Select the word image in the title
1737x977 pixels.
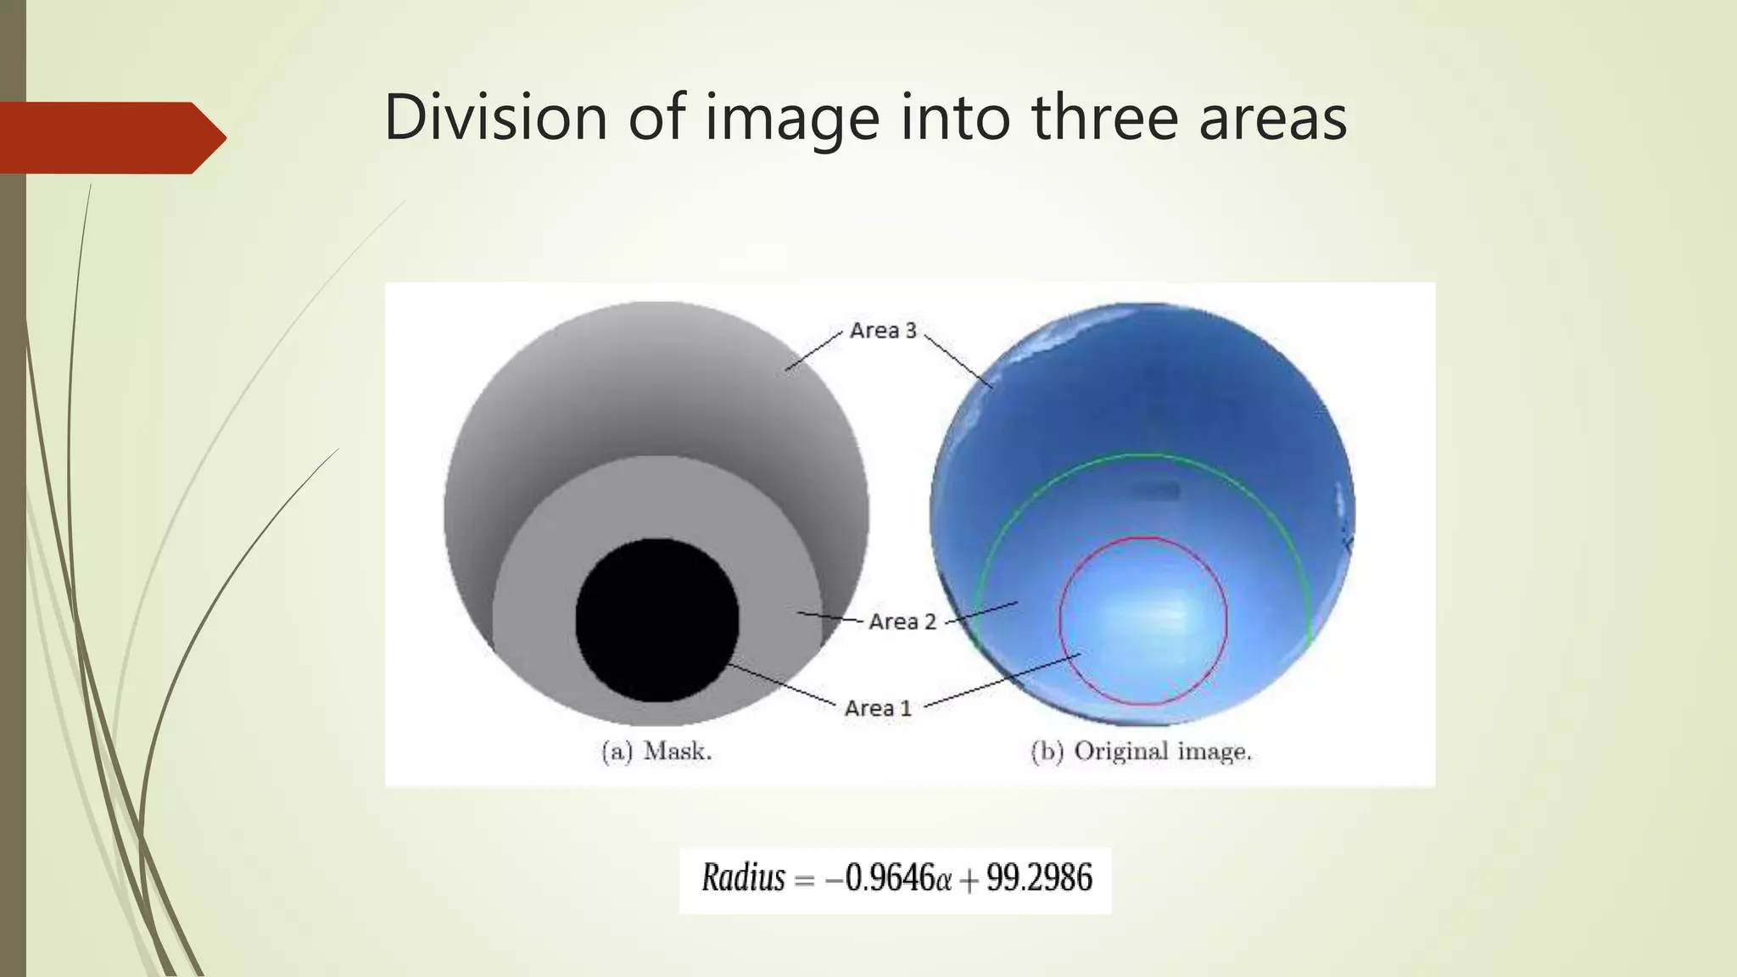(792, 119)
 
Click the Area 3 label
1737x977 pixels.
(883, 330)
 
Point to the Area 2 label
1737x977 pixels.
(902, 622)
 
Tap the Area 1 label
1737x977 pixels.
(878, 708)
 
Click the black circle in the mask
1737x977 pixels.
(656, 620)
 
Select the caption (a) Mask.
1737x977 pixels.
(656, 751)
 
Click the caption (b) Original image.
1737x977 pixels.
(1141, 751)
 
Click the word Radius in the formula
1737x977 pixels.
(743, 878)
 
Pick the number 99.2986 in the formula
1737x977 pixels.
(1039, 878)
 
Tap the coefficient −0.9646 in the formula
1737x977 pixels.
(880, 878)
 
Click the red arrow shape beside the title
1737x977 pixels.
(110, 137)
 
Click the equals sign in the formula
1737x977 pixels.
(803, 880)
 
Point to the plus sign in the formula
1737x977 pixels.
(969, 880)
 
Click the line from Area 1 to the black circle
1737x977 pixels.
(780, 683)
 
